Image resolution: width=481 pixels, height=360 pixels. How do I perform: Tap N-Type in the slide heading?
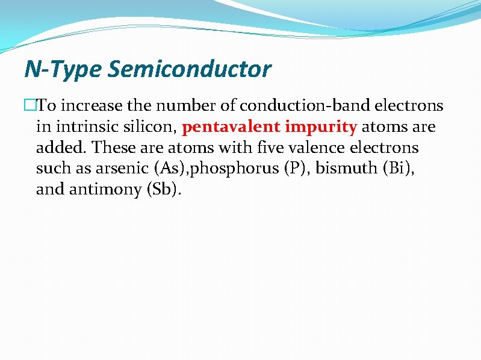pyautogui.click(x=63, y=69)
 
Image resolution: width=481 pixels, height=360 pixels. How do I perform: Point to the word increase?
pyautogui.click(x=91, y=106)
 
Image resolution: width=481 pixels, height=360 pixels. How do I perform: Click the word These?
pyautogui.click(x=113, y=147)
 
